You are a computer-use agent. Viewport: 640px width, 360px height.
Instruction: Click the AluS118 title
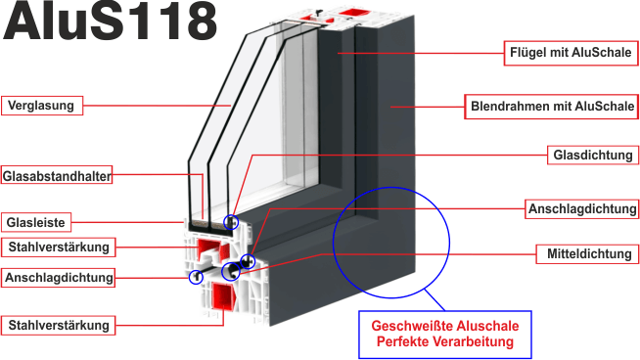point(111,21)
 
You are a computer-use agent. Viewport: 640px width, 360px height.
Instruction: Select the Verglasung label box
point(42,106)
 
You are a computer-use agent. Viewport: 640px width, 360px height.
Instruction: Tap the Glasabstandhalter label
point(57,175)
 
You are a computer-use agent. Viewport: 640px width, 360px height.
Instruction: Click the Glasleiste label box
point(36,222)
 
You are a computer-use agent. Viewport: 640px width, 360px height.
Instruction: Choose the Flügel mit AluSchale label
point(571,53)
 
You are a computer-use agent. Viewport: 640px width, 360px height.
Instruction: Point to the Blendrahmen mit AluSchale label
point(552,107)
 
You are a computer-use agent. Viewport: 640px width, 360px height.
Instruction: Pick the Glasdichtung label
point(593,156)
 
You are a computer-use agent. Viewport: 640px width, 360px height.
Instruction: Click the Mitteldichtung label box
point(587,254)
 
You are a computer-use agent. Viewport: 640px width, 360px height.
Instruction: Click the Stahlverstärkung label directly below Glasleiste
point(59,247)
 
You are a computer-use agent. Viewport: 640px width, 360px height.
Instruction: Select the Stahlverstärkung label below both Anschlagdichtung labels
point(59,326)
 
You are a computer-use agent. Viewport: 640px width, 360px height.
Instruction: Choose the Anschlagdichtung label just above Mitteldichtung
point(581,209)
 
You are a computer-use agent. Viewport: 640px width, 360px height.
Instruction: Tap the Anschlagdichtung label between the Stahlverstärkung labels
point(58,278)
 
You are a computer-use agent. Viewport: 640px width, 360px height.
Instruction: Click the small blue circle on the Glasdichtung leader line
point(231,222)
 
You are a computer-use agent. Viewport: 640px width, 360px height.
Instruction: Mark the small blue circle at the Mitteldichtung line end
point(231,271)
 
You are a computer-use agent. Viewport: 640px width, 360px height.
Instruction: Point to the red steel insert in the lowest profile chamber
point(224,296)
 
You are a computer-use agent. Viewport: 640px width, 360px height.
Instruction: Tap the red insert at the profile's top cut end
point(352,13)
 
